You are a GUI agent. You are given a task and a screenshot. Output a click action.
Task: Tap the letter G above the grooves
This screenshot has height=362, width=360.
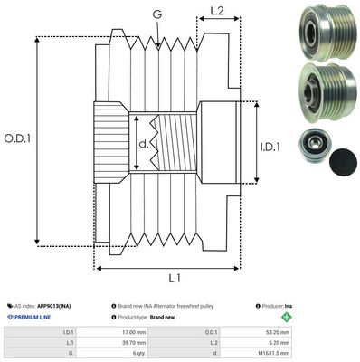pos(157,15)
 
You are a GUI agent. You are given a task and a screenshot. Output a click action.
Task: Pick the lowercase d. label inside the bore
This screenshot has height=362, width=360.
pos(143,142)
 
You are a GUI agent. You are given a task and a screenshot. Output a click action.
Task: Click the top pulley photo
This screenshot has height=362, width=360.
pos(321,29)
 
